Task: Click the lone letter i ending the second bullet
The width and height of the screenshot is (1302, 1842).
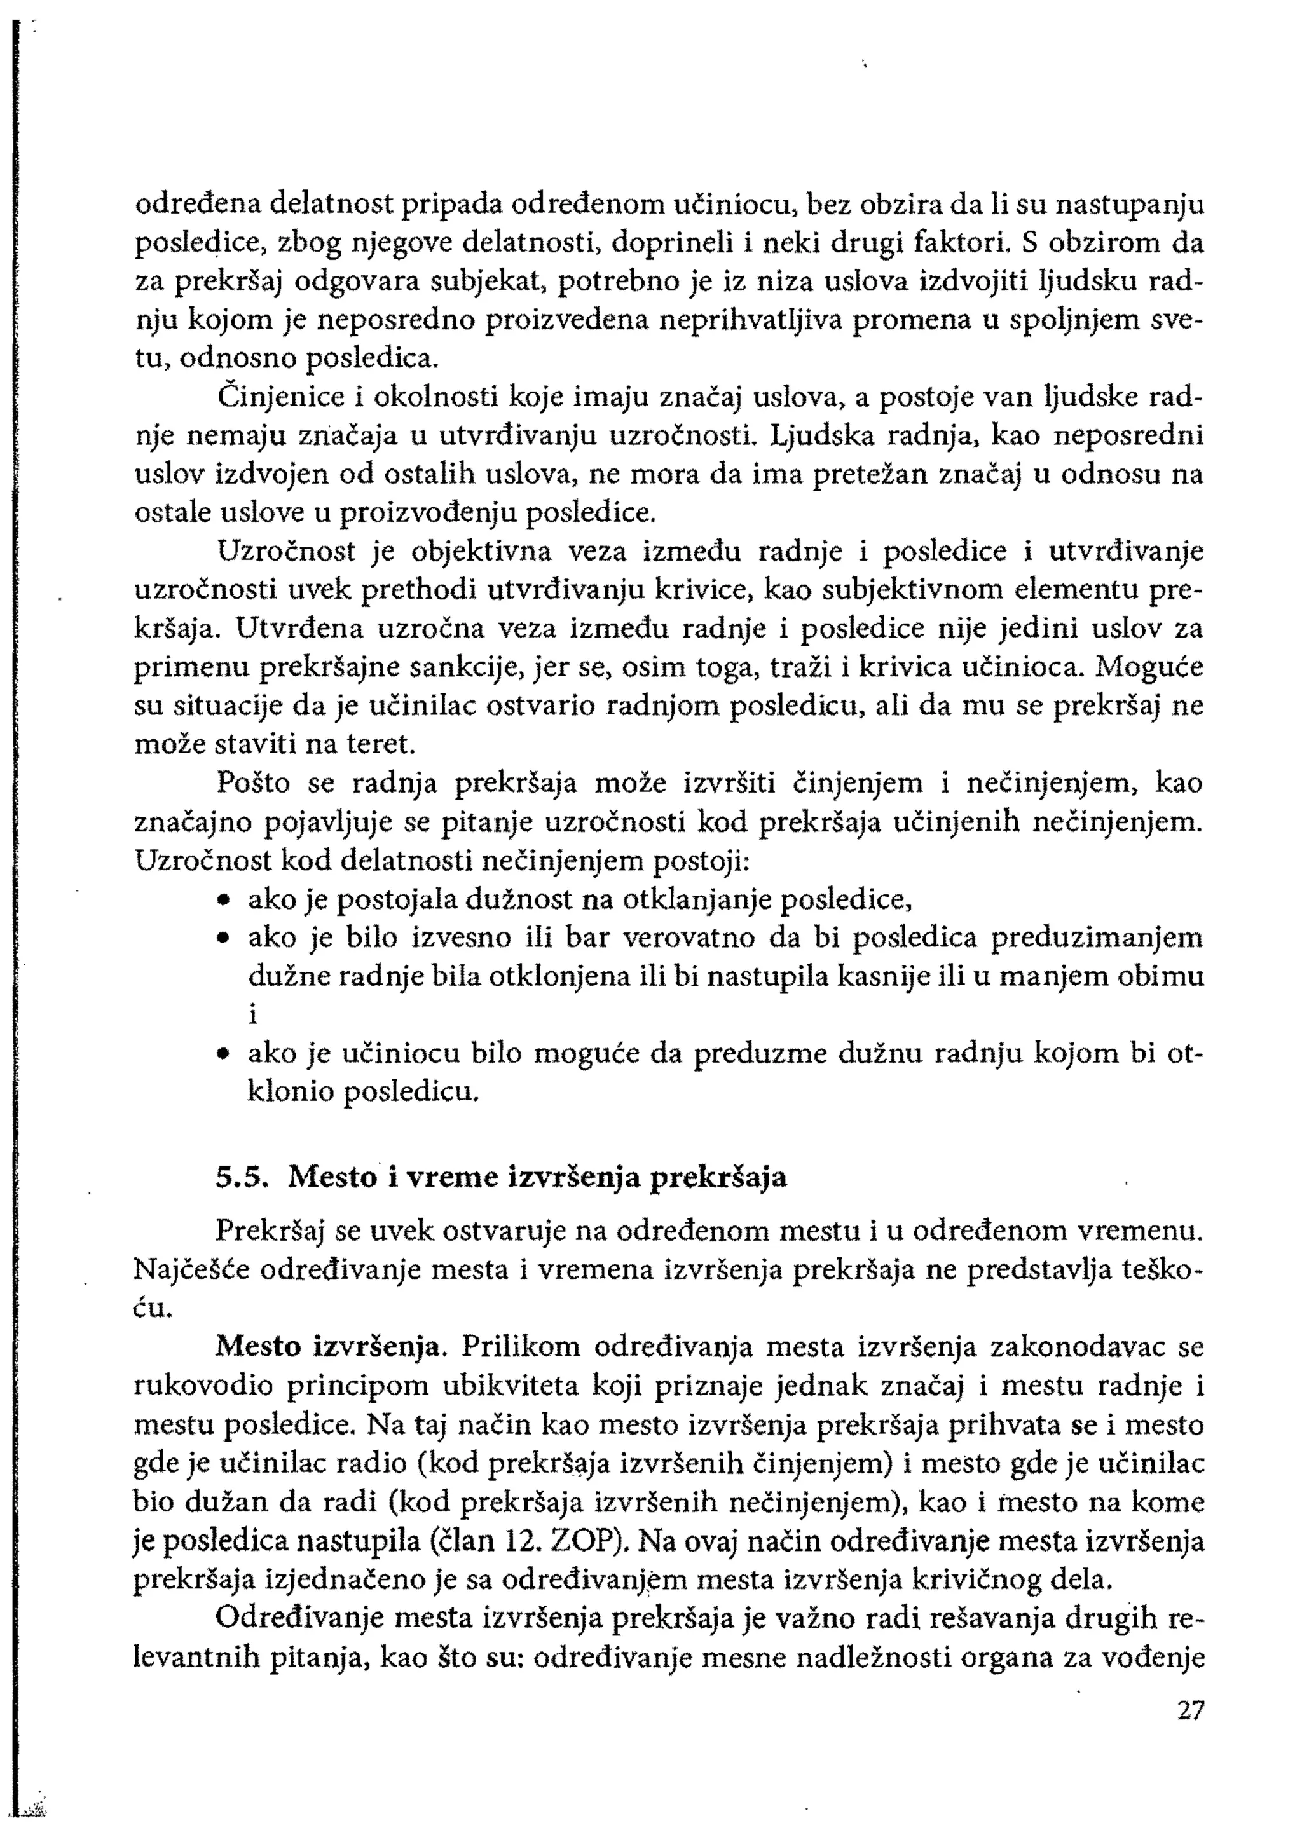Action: (x=252, y=1015)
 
